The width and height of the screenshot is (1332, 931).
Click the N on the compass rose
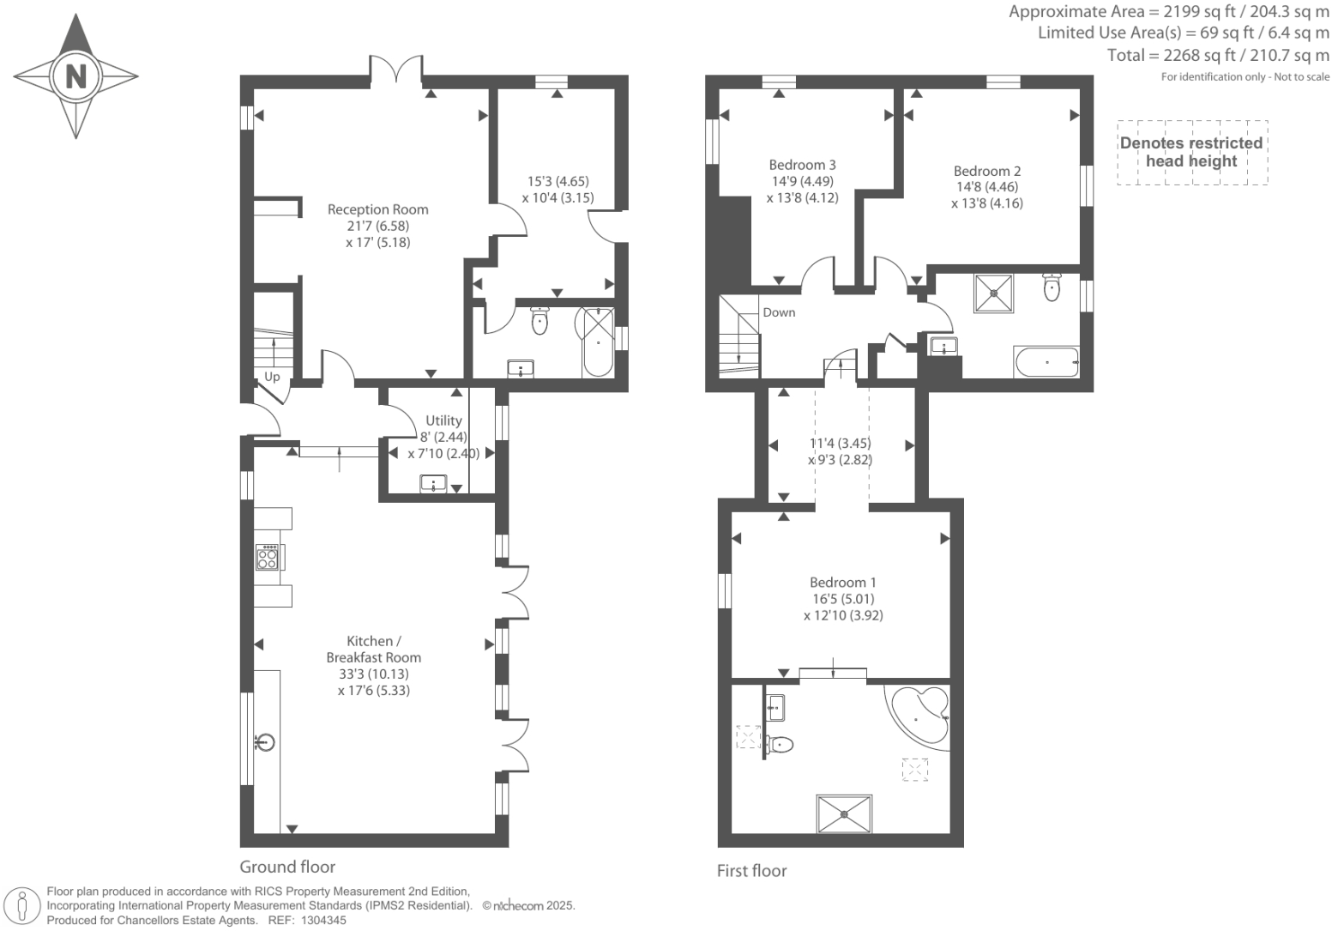[76, 76]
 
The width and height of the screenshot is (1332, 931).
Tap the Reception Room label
[377, 209]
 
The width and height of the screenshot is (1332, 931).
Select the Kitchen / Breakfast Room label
[373, 650]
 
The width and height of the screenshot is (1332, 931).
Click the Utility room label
[443, 420]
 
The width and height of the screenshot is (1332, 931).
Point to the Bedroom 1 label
[842, 583]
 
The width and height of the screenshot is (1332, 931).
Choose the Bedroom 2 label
[986, 171]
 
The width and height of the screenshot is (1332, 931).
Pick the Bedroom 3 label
[802, 165]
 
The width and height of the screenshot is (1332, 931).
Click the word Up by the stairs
[272, 377]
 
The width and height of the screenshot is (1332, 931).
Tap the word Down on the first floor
[779, 312]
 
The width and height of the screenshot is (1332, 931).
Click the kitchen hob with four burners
[268, 558]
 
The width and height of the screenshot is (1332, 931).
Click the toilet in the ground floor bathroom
[539, 321]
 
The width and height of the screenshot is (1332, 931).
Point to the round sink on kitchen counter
[265, 741]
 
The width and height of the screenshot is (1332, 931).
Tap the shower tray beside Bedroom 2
[994, 293]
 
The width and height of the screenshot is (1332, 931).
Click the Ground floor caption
[287, 867]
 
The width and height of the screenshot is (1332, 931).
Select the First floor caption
[751, 871]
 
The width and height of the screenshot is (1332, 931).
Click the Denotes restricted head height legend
[1191, 152]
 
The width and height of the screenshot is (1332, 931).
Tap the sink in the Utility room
[434, 484]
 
